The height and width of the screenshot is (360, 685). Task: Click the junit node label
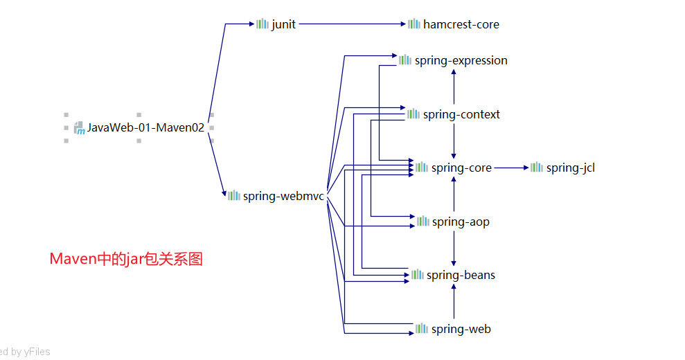[x=283, y=24]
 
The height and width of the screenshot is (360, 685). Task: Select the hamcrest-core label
[x=461, y=24]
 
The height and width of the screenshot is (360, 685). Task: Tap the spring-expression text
[x=461, y=61]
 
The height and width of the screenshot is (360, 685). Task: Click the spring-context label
[x=461, y=114]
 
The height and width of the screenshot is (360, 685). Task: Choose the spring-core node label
[x=461, y=168]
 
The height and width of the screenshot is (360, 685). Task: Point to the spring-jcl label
[x=570, y=168]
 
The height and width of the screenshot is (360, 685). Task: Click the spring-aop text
[x=461, y=222]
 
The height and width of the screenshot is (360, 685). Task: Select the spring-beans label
[x=461, y=275]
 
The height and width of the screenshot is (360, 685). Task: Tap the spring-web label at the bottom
[x=461, y=329]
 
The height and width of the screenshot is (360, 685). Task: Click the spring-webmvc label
[x=283, y=196]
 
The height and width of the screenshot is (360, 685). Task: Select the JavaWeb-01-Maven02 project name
[x=145, y=127]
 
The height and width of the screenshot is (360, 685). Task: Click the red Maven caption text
[x=126, y=259]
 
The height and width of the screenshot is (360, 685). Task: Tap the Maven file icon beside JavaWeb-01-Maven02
[x=79, y=127]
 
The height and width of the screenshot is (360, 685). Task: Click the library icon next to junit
[x=262, y=24]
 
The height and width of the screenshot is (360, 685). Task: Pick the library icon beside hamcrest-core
[x=413, y=24]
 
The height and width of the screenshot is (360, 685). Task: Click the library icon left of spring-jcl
[x=537, y=168]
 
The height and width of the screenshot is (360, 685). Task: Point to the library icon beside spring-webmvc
[x=233, y=196]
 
